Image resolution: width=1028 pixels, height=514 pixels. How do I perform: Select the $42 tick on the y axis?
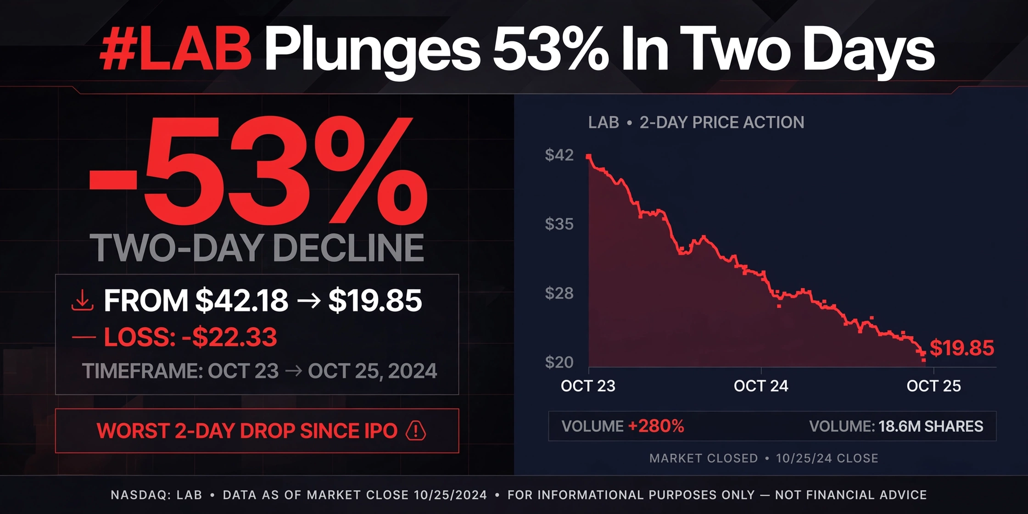point(559,155)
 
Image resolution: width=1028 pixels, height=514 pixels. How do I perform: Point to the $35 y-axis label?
point(559,224)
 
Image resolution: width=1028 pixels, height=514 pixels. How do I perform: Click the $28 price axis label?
point(559,293)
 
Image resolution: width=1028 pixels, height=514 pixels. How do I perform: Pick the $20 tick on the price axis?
point(559,362)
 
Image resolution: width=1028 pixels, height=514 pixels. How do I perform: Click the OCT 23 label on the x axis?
point(588,386)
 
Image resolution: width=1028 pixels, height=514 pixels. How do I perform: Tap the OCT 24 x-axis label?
point(761,386)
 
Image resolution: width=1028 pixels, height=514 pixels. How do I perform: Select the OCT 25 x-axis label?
point(933,386)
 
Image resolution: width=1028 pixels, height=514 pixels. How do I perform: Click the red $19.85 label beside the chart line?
point(962,348)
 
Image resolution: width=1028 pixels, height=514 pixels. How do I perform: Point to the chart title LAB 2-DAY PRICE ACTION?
point(696,123)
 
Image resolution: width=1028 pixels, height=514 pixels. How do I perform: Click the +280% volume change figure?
point(656,426)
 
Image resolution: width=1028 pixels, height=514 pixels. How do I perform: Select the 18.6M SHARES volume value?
point(931,426)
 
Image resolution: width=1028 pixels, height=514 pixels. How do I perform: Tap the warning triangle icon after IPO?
point(416,430)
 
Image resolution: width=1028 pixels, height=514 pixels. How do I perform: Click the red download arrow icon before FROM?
point(83,301)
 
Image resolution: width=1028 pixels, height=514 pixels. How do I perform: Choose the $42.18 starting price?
point(242,301)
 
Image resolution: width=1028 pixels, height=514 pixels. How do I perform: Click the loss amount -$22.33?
point(229,337)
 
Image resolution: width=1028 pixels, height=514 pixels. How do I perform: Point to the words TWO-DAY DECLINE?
point(257,248)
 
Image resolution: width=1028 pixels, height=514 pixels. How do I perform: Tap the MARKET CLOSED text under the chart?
point(704,458)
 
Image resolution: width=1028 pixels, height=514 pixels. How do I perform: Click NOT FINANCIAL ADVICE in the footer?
point(851,495)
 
